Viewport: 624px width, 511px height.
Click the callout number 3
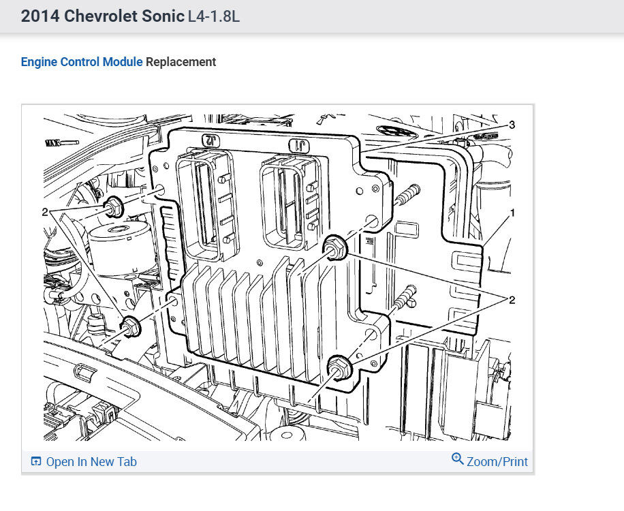(x=512, y=125)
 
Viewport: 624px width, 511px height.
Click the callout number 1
(x=512, y=213)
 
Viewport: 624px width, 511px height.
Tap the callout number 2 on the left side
(x=44, y=212)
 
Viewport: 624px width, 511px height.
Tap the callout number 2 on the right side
(x=512, y=300)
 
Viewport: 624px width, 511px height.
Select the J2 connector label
(x=211, y=140)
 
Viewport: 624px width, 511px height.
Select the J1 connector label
(x=299, y=146)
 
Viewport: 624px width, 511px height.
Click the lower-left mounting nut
(x=131, y=327)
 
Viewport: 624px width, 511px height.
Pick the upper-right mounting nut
(x=335, y=247)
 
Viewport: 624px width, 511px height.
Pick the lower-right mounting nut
(x=339, y=367)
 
